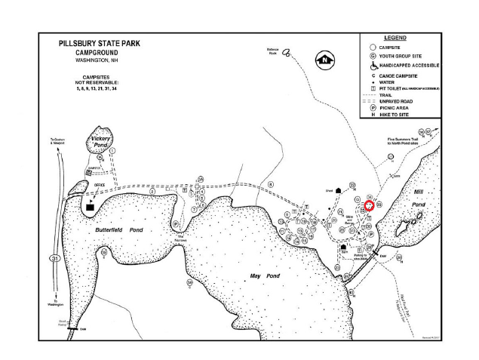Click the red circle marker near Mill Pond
tap(370, 205)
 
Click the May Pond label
tap(265, 276)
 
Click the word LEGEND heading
tap(395, 38)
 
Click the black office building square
tap(91, 205)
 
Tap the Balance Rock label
tap(273, 52)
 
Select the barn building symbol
tap(343, 246)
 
